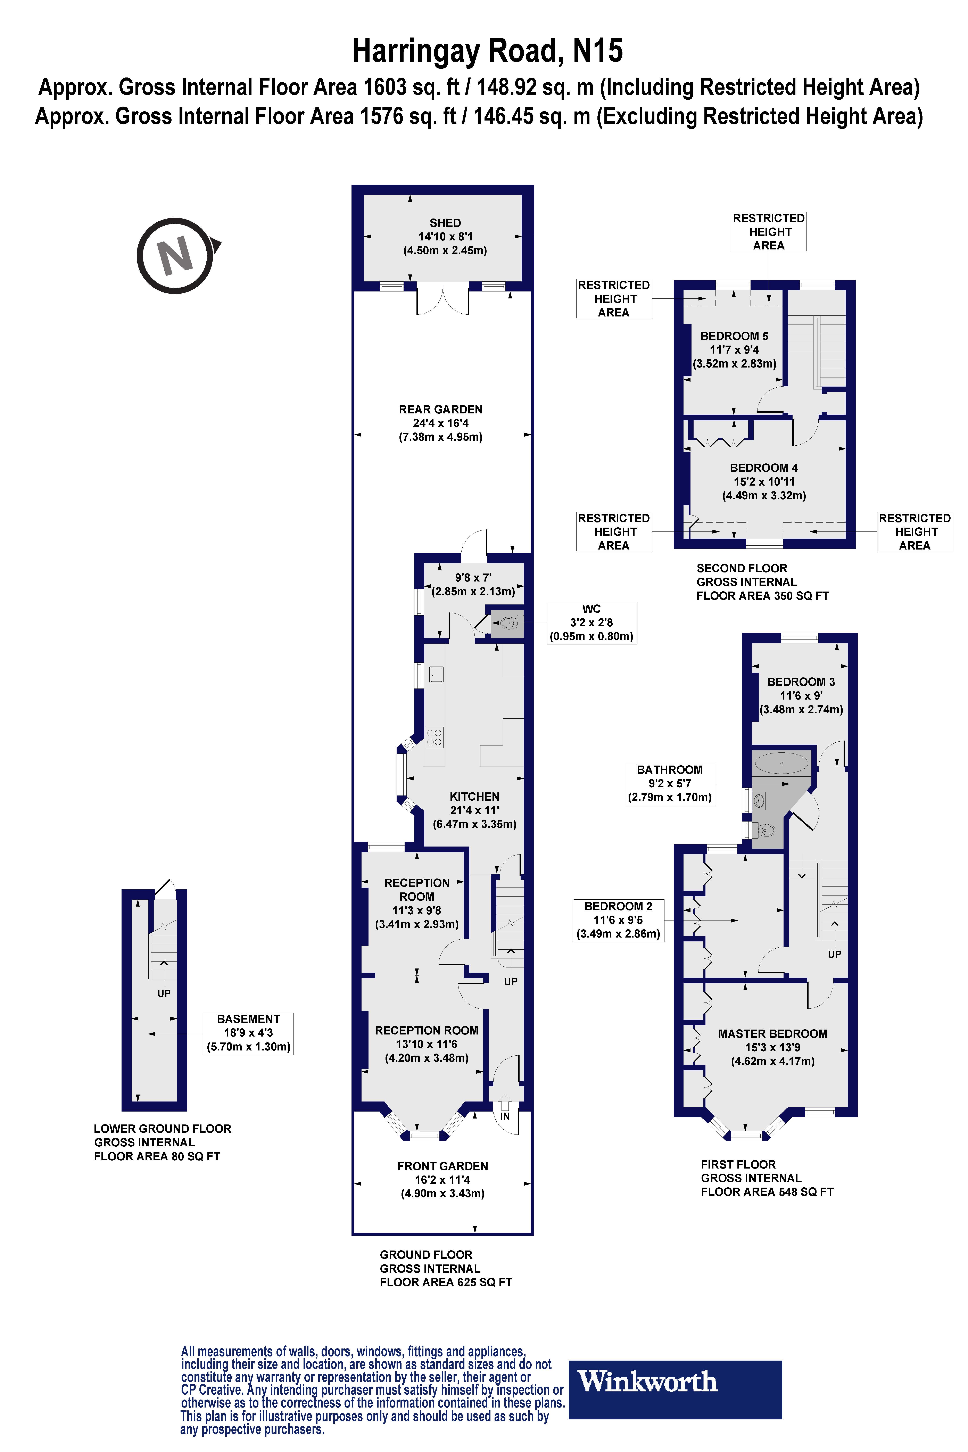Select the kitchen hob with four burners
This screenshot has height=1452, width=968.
coord(434,738)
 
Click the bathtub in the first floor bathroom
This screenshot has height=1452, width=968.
coord(781,764)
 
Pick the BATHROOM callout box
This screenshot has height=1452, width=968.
coord(670,783)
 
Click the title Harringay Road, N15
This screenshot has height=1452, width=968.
coord(487,51)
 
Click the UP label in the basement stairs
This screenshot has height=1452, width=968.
coord(164,993)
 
